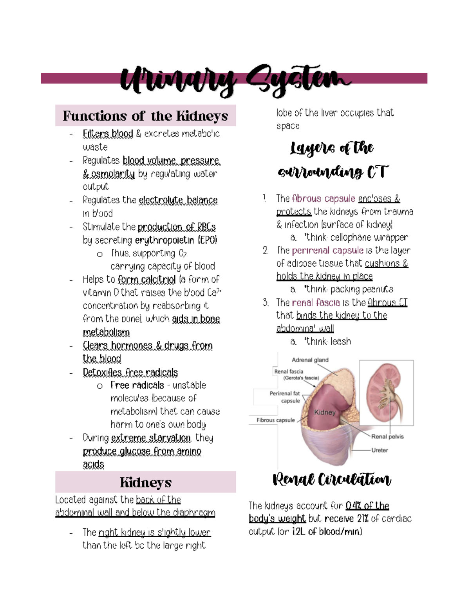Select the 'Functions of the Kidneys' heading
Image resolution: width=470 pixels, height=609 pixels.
pos(145,116)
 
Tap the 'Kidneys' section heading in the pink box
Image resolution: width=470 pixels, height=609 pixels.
pos(145,482)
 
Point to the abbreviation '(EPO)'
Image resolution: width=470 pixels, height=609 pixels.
pos(207,240)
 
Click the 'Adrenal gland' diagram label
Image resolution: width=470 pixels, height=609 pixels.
pos(310,360)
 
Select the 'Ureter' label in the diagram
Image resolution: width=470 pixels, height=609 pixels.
pos(380,450)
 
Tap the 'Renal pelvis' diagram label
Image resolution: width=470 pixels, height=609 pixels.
pos(387,436)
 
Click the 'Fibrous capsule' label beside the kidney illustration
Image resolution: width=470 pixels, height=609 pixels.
pos(275,420)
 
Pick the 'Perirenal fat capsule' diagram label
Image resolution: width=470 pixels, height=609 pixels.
pos(285,397)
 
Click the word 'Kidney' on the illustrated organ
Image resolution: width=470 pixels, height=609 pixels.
pos(325,413)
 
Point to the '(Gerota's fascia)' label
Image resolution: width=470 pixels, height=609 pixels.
pos(301,378)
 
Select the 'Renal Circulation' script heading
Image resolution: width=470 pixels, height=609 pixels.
pos(332,479)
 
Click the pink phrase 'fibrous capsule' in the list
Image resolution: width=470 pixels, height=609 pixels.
pos(324,199)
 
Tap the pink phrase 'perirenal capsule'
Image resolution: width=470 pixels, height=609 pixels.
pos(327,251)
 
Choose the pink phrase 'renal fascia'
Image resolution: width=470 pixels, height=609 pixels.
pos(316,303)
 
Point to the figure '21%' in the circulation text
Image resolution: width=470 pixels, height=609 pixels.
pos(363,519)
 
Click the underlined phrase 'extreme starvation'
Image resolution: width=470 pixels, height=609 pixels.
pos(151,438)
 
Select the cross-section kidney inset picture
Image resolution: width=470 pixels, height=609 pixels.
pos(386,393)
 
